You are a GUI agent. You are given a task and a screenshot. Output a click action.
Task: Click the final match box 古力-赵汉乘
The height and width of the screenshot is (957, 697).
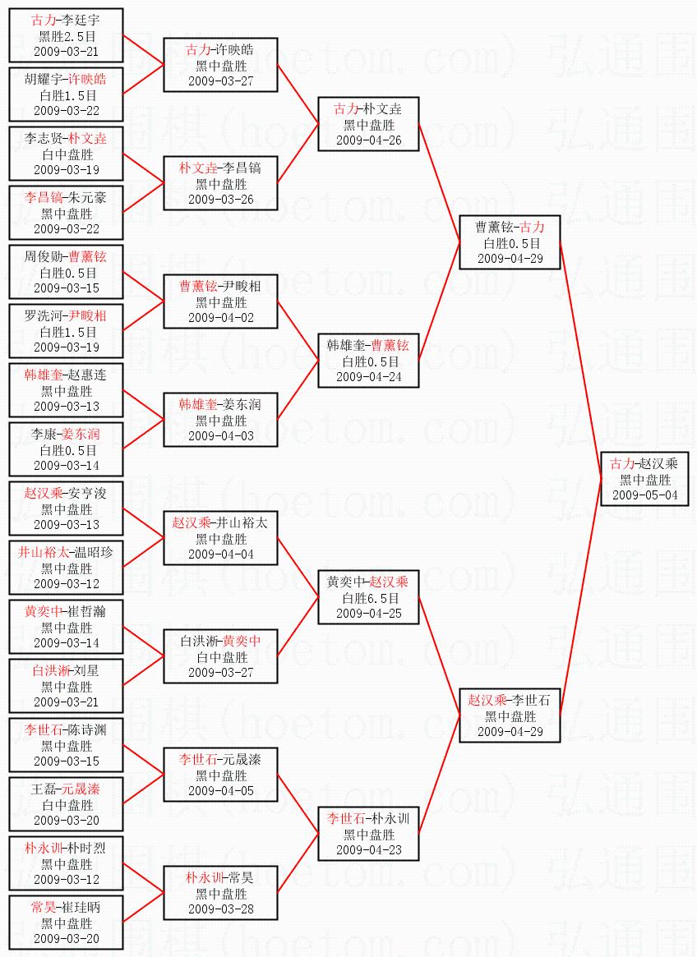click(x=644, y=479)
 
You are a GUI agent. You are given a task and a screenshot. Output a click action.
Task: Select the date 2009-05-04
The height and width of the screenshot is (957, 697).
click(x=644, y=495)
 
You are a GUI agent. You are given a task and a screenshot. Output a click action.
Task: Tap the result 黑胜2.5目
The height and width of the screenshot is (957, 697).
click(x=67, y=35)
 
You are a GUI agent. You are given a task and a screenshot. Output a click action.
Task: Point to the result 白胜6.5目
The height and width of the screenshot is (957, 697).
click(x=369, y=598)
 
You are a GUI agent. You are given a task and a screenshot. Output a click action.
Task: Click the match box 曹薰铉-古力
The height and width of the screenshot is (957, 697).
click(x=510, y=242)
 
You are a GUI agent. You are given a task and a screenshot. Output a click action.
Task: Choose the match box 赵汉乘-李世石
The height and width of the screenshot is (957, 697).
click(x=510, y=715)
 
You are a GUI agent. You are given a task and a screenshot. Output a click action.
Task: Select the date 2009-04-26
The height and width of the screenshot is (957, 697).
click(x=369, y=140)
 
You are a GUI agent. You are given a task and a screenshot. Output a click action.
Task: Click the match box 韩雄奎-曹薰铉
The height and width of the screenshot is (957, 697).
click(x=369, y=361)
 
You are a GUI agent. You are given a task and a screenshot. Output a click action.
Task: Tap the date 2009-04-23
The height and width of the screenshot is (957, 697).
click(x=369, y=850)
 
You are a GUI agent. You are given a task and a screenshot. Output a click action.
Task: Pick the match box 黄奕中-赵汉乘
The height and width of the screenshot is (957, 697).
click(x=369, y=597)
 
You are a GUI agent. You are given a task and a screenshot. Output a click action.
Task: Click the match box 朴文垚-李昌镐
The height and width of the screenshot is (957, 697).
click(x=220, y=183)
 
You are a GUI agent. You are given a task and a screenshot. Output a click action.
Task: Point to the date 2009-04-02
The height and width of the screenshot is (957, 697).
click(x=220, y=318)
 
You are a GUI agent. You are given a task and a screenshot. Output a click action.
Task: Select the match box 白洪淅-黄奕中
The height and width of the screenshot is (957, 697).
click(x=220, y=656)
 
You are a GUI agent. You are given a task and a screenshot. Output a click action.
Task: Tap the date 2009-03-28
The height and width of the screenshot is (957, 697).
click(x=220, y=909)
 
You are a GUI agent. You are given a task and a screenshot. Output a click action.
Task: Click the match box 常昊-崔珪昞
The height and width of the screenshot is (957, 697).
click(x=67, y=922)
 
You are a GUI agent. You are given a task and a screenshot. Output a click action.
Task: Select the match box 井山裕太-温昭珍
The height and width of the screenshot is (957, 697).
click(x=67, y=568)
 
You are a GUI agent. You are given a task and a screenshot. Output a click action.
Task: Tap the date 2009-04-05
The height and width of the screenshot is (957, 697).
click(x=220, y=791)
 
